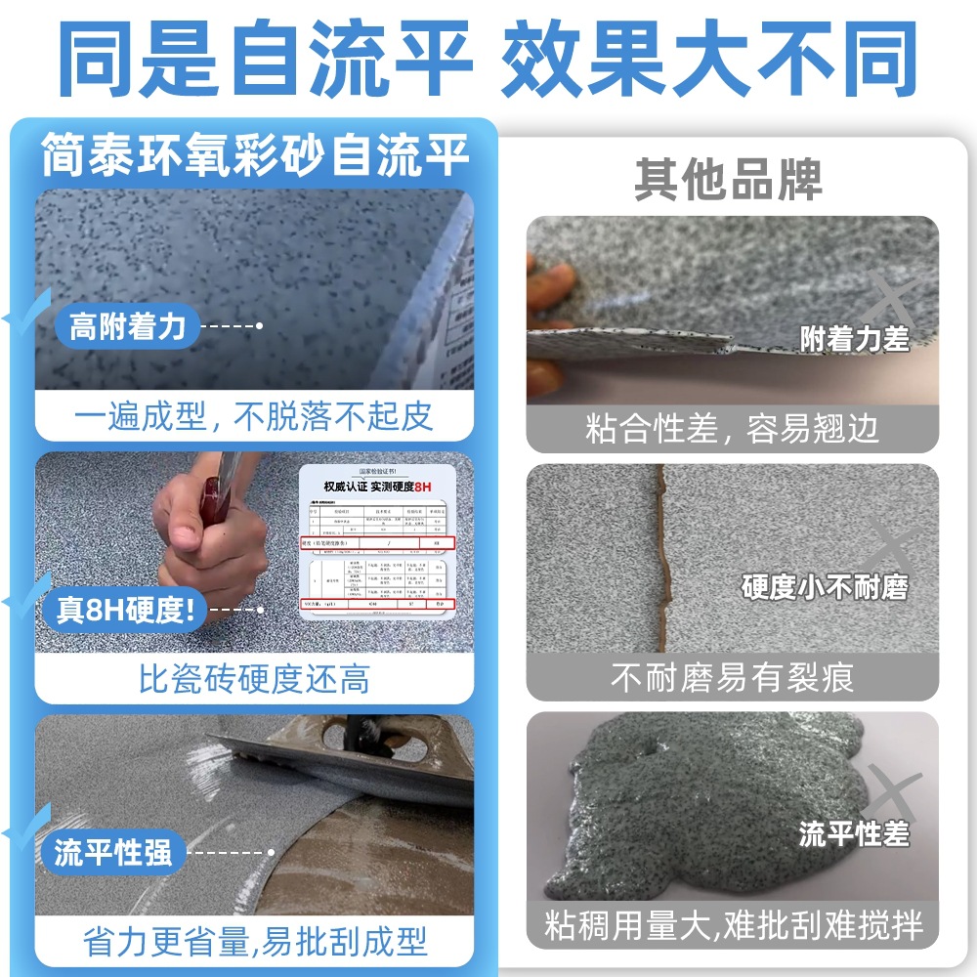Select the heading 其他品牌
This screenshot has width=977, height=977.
pos(728,178)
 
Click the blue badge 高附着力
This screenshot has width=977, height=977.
pos(127,326)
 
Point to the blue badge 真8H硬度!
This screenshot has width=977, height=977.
pos(125,611)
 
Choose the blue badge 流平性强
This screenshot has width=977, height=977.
pos(113,852)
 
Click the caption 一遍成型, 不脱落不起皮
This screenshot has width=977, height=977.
pos(254,417)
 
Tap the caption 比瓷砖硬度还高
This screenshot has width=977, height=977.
pos(254,679)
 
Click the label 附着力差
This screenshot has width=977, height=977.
pos(854,339)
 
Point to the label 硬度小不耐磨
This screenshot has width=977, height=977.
pos(825,587)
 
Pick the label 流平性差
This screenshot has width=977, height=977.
pos(854,833)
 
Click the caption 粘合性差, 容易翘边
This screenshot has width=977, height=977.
pos(733,428)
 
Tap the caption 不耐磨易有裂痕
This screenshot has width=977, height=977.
pos(733,677)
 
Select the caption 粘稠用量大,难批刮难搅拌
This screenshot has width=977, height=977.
pos(733,925)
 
